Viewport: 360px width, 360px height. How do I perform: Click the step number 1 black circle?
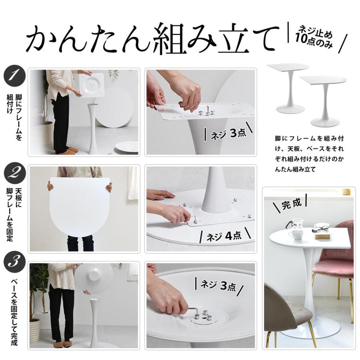pos(14,76)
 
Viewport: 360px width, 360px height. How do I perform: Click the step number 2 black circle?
pos(14,173)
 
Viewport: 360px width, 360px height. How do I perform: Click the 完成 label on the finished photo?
pos(291,204)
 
